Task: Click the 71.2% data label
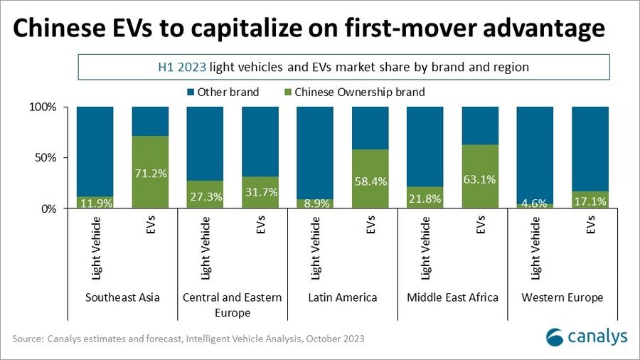click(150, 175)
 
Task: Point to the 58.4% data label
click(370, 181)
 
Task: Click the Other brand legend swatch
click(190, 92)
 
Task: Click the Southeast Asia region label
click(122, 297)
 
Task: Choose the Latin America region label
click(342, 297)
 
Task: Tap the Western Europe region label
click(562, 297)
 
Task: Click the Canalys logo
click(586, 336)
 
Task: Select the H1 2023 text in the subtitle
click(181, 68)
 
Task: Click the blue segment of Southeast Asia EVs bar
click(150, 121)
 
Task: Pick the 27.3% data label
click(206, 196)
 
